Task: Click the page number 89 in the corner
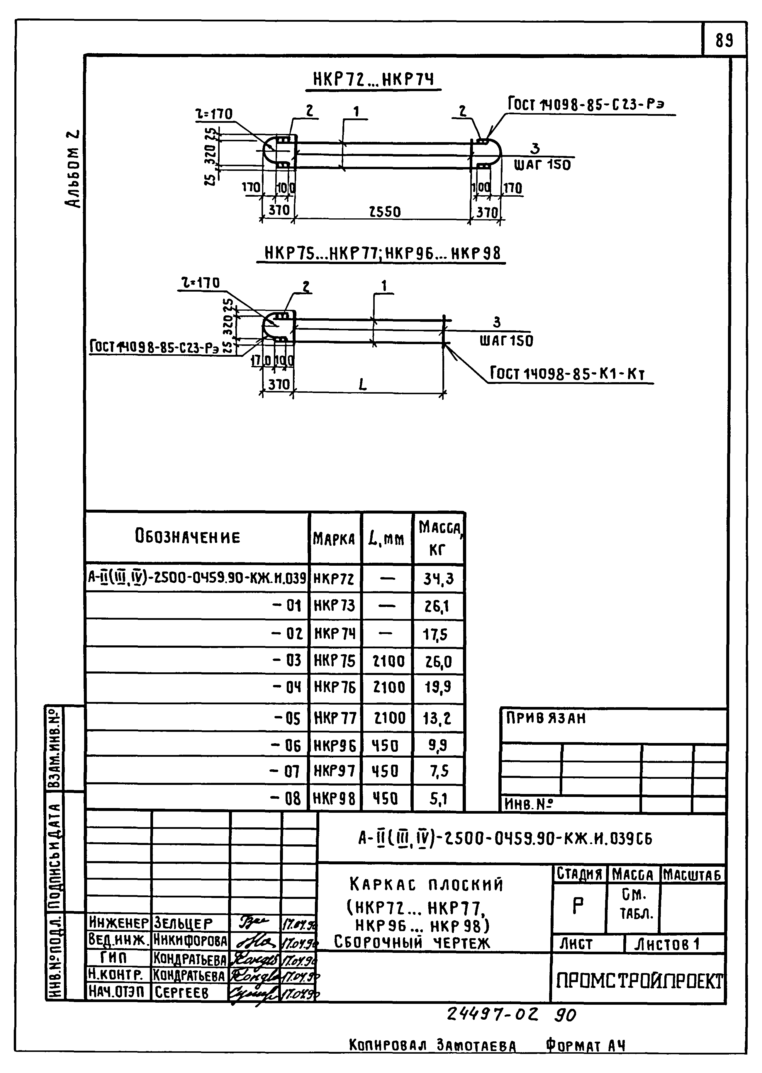[724, 41]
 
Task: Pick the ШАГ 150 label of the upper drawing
[542, 165]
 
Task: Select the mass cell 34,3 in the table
[438, 579]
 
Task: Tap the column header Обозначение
[188, 536]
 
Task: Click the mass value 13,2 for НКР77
[437, 718]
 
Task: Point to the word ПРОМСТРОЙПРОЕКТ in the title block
[639, 981]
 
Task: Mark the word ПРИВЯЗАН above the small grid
[546, 718]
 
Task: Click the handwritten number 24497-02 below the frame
[492, 1015]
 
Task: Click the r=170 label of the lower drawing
[201, 283]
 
